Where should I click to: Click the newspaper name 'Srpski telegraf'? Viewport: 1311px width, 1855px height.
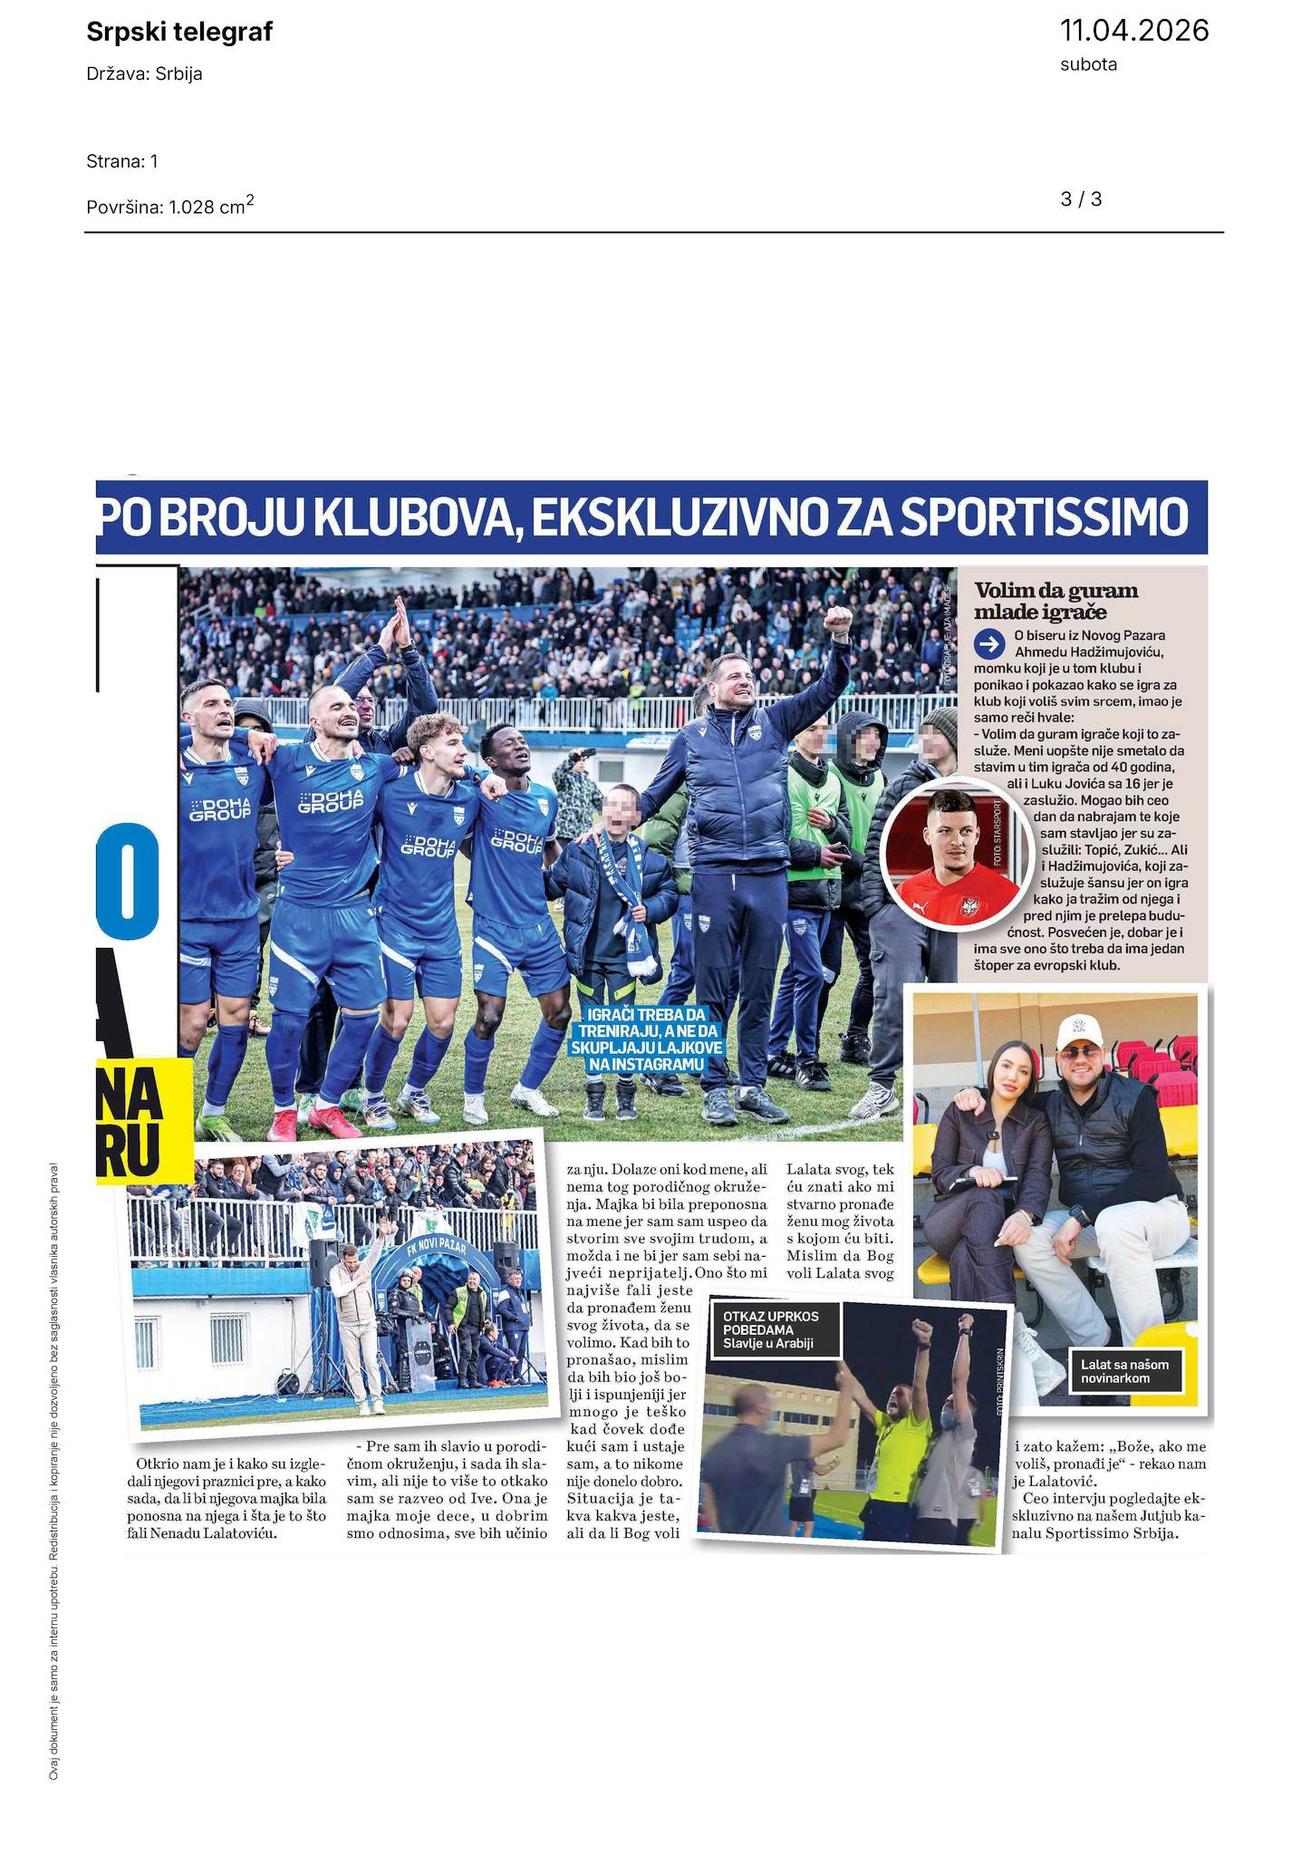point(178,33)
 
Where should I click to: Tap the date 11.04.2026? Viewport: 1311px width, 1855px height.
point(1133,31)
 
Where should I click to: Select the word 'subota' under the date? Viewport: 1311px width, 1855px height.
point(1088,65)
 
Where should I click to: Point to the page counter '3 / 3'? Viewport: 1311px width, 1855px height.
point(1081,199)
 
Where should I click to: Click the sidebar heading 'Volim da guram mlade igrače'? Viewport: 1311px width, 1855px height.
point(1056,601)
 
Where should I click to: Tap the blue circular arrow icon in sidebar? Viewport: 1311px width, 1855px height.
point(988,644)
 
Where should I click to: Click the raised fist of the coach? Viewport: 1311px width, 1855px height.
point(838,619)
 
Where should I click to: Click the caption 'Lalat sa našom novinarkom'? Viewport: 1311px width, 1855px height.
point(1130,1370)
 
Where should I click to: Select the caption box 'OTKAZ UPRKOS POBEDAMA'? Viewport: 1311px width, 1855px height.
point(776,1329)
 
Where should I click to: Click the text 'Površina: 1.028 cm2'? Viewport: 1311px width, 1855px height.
point(169,206)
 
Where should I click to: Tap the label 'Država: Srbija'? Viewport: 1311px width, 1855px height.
point(144,74)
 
